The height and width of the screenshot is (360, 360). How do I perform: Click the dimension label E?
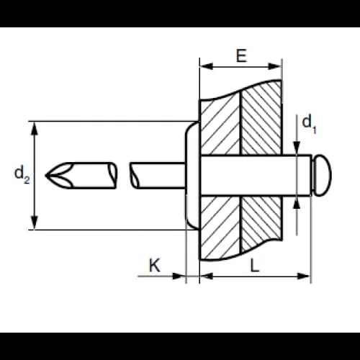pos(241,55)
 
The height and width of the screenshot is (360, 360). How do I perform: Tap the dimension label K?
pos(155,265)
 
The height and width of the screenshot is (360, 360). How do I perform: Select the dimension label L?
pos(255,266)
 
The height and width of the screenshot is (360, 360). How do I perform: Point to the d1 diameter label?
pos(309,124)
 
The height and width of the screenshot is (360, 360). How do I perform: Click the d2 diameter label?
pos(22,174)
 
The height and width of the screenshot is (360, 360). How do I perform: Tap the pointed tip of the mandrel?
pos(45,175)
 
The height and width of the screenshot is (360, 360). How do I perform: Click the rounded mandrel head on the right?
pos(322,175)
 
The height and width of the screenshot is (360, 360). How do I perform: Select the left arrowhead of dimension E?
pos(207,66)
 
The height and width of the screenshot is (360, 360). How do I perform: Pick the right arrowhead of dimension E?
pos(275,66)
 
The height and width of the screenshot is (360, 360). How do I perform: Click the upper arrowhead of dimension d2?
pos(35,129)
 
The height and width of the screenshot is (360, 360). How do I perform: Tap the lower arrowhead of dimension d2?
pos(35,222)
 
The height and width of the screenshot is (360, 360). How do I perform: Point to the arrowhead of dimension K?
pos(179,276)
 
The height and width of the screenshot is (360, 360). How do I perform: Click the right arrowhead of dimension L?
pos(304,276)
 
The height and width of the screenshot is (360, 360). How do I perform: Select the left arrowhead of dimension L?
pos(207,276)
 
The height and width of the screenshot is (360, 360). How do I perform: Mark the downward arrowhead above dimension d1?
pos(297,148)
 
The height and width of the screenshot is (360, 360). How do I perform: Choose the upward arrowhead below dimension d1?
pos(297,203)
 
